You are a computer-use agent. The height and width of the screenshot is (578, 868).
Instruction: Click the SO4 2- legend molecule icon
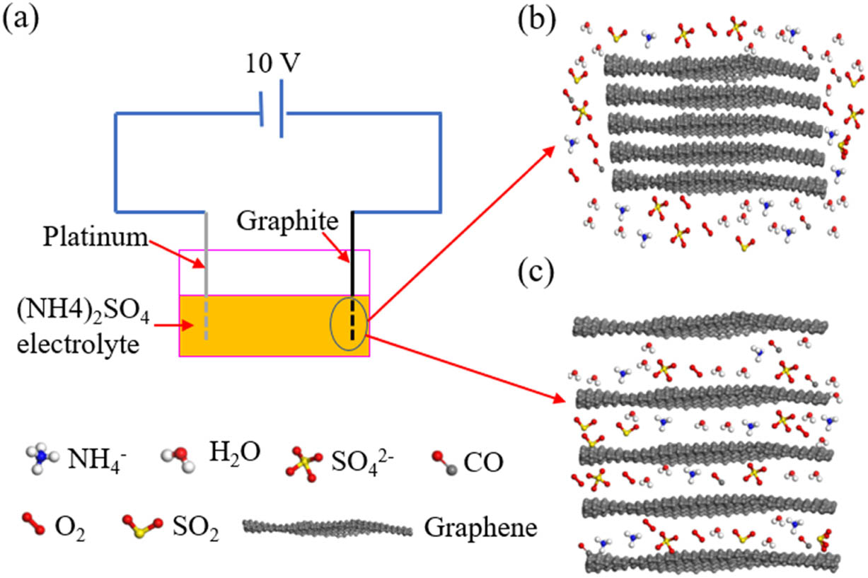tap(304, 462)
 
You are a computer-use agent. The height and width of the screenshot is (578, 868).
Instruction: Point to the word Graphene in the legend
tap(480, 527)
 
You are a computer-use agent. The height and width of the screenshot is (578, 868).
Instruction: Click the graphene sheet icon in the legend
tap(327, 527)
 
